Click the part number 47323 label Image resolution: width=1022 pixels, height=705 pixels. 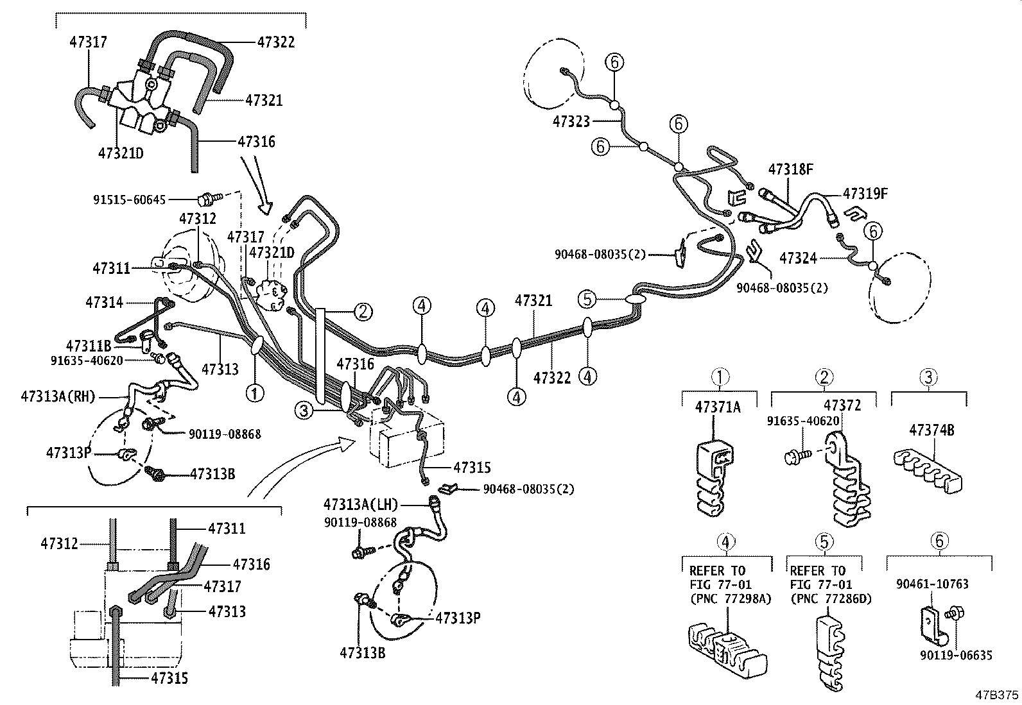pos(571,120)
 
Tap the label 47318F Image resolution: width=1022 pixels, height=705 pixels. pos(791,169)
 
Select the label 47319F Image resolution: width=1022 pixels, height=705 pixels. pos(865,193)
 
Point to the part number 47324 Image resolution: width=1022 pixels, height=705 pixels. pos(798,258)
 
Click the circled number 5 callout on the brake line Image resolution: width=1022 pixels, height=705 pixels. pos(587,299)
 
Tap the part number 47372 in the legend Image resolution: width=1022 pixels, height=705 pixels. pos(842,405)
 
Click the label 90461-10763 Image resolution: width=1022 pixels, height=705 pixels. pos(932,584)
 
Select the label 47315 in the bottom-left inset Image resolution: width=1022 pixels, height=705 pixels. pos(169,677)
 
